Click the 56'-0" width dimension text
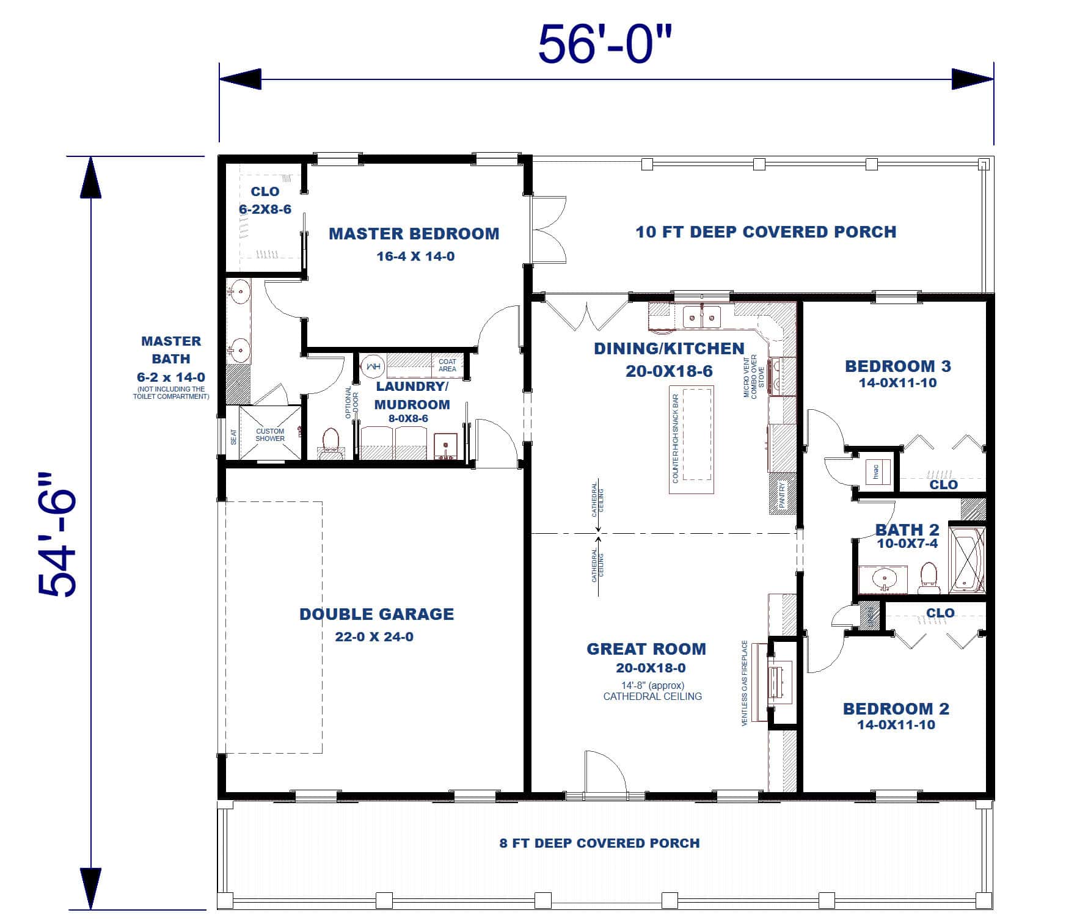pyautogui.click(x=605, y=44)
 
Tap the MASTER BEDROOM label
pyautogui.click(x=414, y=234)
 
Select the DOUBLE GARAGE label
pyautogui.click(x=376, y=614)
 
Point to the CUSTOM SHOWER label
pyautogui.click(x=269, y=435)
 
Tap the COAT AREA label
pyautogui.click(x=447, y=365)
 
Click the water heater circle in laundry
pyautogui.click(x=372, y=367)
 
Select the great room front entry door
pyautogui.click(x=605, y=773)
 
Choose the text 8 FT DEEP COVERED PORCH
pyautogui.click(x=599, y=843)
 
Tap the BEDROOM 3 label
pyautogui.click(x=897, y=366)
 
